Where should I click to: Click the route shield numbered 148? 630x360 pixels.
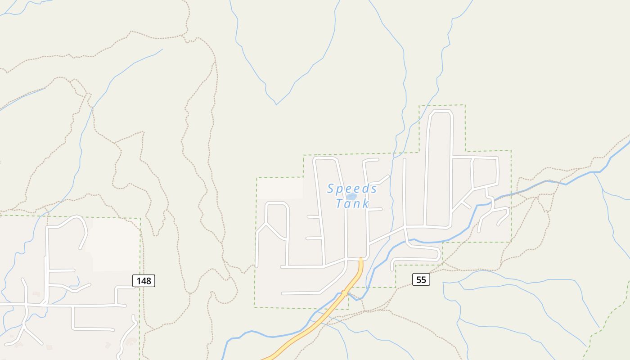(x=144, y=281)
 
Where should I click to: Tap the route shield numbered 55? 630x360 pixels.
(x=421, y=279)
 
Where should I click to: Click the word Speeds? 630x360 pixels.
(x=352, y=189)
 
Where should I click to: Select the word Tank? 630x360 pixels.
(x=352, y=204)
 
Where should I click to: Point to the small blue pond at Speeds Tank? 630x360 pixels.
(x=351, y=197)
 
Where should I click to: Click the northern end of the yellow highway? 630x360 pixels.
(x=361, y=260)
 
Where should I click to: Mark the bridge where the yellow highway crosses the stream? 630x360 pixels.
(x=344, y=293)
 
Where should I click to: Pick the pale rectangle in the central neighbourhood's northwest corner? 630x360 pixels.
(x=280, y=188)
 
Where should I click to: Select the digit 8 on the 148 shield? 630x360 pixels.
(x=149, y=281)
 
